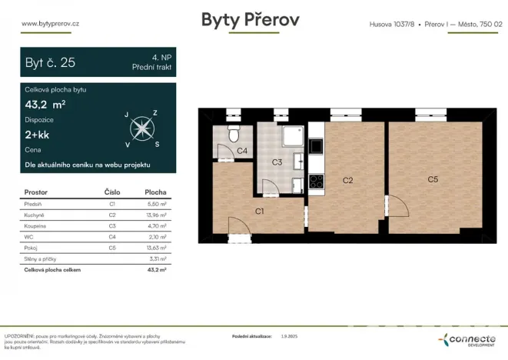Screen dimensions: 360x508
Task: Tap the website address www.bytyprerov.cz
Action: click(51, 23)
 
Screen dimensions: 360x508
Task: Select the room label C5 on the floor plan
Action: click(433, 179)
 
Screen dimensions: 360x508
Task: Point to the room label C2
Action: click(347, 180)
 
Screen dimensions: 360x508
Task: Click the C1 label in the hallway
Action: click(260, 210)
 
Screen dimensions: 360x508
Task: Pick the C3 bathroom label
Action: click(277, 162)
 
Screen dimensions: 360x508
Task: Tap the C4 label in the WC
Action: click(241, 151)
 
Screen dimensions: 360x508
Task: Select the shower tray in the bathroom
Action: click(291, 137)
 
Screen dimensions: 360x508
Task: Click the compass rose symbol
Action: click(140, 128)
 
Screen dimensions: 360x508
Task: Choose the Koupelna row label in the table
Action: click(36, 227)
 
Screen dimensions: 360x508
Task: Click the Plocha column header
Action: click(155, 192)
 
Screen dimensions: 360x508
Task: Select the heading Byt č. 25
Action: click(51, 63)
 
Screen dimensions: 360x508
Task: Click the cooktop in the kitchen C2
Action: click(316, 183)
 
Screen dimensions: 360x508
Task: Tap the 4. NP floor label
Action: click(162, 58)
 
